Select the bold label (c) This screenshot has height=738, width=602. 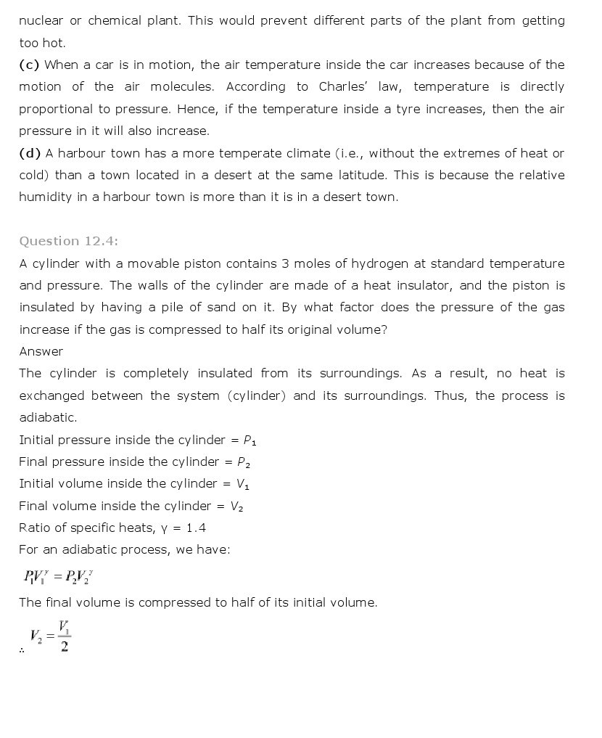30,65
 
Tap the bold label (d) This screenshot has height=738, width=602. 30,153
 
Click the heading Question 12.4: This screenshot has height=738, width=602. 68,241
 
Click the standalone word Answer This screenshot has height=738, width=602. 41,351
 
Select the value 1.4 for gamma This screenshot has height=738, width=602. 196,528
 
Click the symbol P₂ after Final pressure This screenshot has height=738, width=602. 244,462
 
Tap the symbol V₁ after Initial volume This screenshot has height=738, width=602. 243,484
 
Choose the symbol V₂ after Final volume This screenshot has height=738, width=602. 236,507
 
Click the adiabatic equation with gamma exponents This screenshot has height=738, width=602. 58,577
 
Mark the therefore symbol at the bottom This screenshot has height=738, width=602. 22,650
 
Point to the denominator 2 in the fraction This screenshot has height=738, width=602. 65,647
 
